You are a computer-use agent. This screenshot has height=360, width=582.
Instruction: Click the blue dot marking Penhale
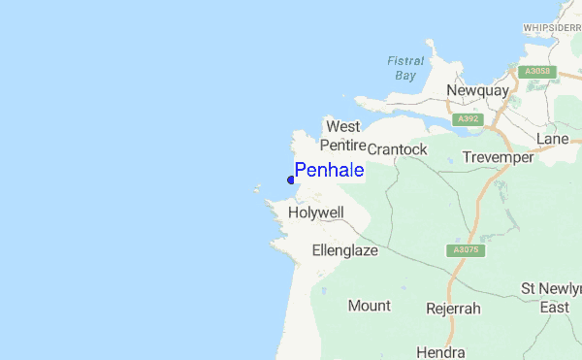coord(291,180)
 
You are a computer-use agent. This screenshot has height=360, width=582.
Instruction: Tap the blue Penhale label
coord(330,171)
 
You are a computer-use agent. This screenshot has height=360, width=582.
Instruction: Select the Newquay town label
coord(477,90)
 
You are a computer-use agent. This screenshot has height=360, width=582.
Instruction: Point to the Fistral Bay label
coord(405,67)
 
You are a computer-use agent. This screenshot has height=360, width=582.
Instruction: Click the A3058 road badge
coord(534,71)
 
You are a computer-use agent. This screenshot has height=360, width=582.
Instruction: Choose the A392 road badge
coord(468,119)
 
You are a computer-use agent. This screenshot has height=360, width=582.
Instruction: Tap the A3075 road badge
coord(468,250)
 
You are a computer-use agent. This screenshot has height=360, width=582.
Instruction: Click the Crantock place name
coord(397,149)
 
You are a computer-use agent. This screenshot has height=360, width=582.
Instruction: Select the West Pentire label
coord(342,136)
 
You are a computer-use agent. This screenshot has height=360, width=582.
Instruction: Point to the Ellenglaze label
coord(344,250)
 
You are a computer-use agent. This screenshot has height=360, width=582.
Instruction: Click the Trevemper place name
coord(498,157)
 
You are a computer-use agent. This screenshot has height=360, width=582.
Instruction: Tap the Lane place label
coord(552,140)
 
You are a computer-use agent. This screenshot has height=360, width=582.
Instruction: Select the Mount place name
coord(369,306)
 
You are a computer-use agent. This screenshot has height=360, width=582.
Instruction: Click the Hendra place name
coord(440,351)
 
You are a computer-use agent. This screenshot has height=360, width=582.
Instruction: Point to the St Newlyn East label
coord(550,298)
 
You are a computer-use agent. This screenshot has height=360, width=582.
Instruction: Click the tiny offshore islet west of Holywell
coord(258,190)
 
